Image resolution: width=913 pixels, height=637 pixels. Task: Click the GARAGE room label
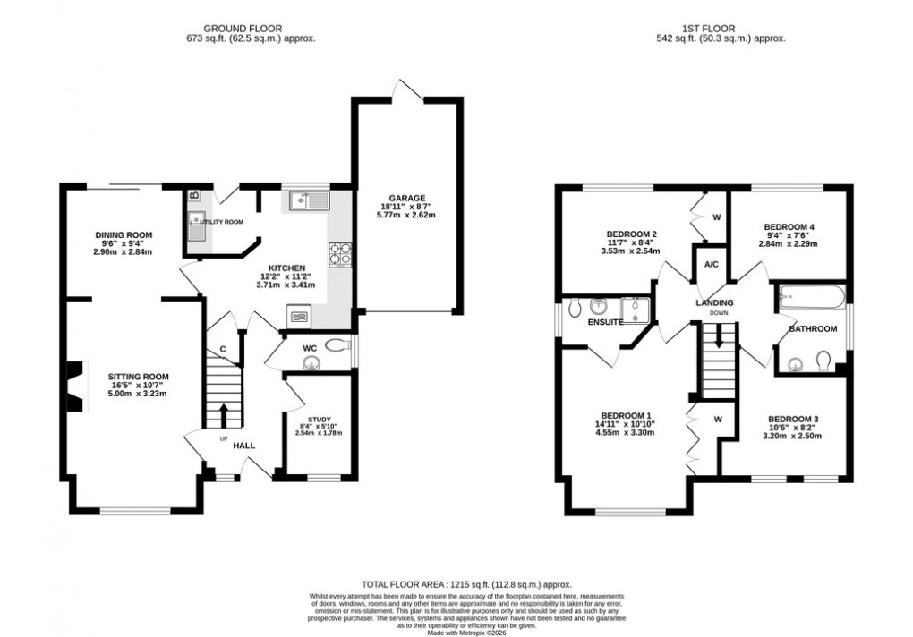[x=406, y=199]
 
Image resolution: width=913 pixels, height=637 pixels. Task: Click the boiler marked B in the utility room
[x=193, y=195]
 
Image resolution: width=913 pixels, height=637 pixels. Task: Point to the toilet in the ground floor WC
[x=337, y=345]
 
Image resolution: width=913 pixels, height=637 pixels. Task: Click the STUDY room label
[x=319, y=417]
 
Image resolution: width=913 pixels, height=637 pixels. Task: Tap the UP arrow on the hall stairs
[x=224, y=414]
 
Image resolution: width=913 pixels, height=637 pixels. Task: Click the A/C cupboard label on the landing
[x=712, y=265]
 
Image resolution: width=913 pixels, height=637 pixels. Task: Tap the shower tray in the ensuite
[x=640, y=309]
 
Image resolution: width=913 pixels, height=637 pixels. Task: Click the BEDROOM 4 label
[x=789, y=227]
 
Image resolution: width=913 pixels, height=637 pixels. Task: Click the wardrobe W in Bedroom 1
[x=717, y=419]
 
